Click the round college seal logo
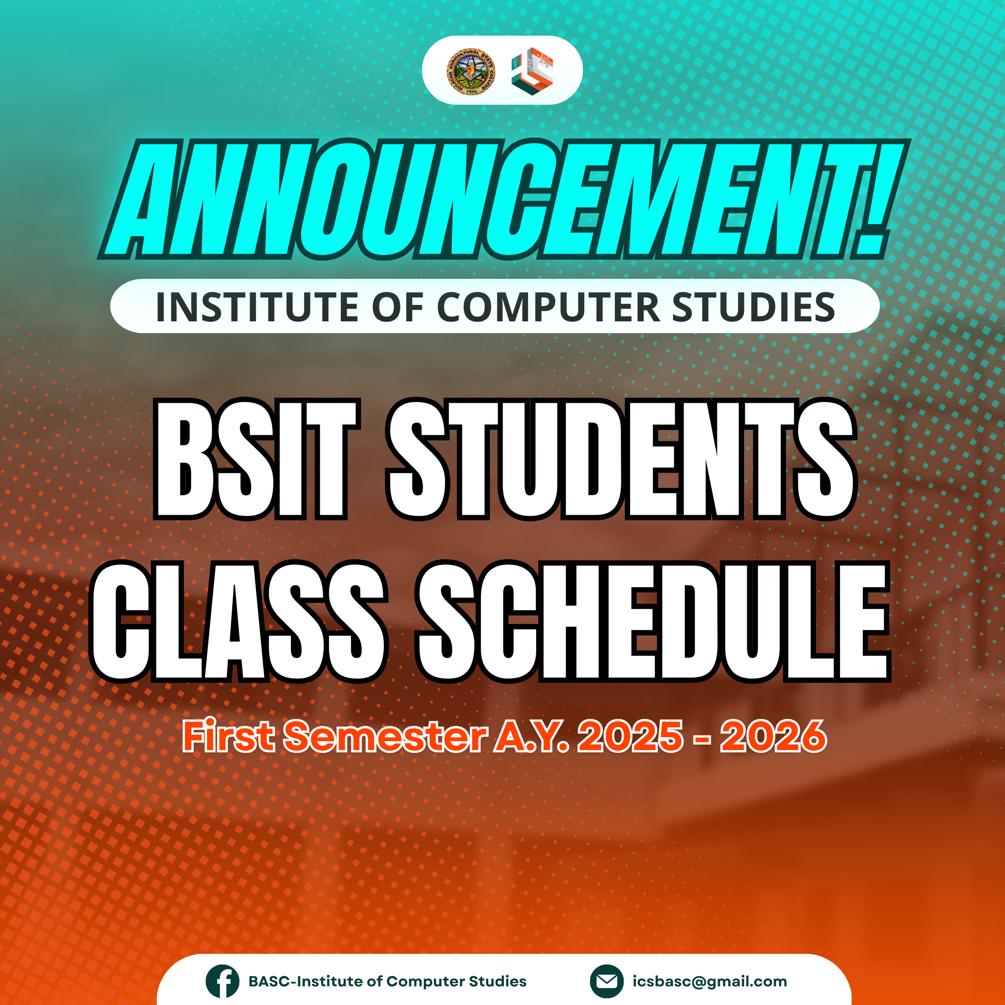click(471, 71)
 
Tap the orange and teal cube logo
click(532, 71)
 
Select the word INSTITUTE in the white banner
click(257, 307)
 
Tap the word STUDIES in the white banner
click(754, 307)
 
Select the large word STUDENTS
click(621, 459)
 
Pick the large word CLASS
click(239, 622)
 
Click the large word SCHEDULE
click(653, 622)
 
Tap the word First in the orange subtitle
click(228, 736)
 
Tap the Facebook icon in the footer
click(222, 981)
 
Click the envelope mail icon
click(607, 981)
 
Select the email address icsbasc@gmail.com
click(710, 981)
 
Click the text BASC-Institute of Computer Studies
click(387, 981)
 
